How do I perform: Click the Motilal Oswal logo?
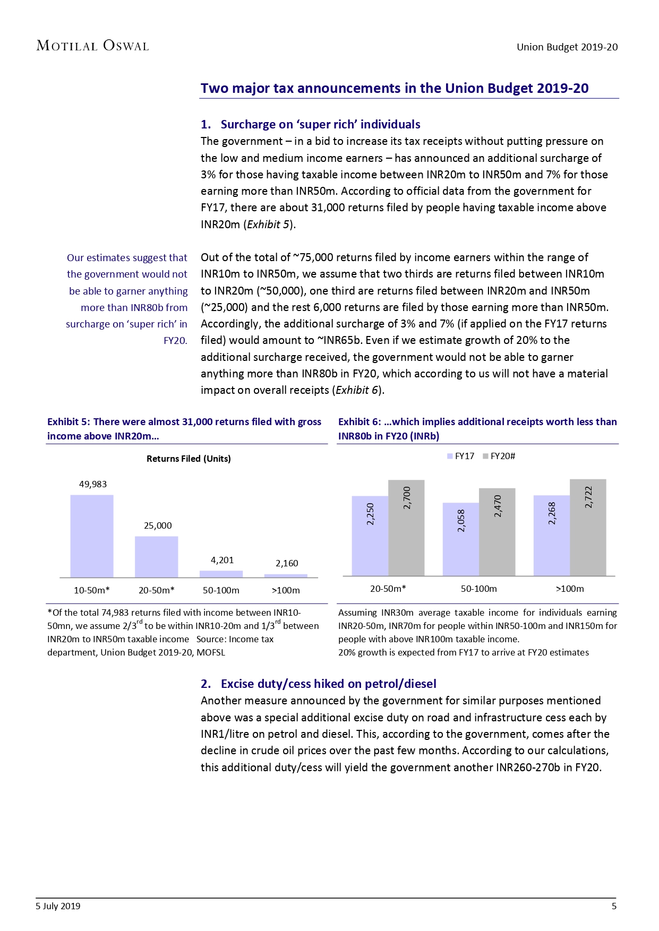(92, 46)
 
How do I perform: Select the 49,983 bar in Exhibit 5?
(92, 536)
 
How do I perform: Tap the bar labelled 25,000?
(157, 557)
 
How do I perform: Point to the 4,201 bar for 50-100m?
(221, 574)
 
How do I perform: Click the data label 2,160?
(287, 563)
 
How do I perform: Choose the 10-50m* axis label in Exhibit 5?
(92, 590)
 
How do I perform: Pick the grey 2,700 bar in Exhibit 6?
(406, 528)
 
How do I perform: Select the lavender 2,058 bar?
(460, 539)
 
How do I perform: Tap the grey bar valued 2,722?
(588, 528)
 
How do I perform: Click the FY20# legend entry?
(499, 456)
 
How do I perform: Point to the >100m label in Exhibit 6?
(570, 589)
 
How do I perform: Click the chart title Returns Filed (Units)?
(189, 459)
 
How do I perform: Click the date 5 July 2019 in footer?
(58, 906)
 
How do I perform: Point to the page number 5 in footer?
(614, 906)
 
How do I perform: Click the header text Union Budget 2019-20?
(567, 47)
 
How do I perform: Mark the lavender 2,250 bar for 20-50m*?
(370, 536)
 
